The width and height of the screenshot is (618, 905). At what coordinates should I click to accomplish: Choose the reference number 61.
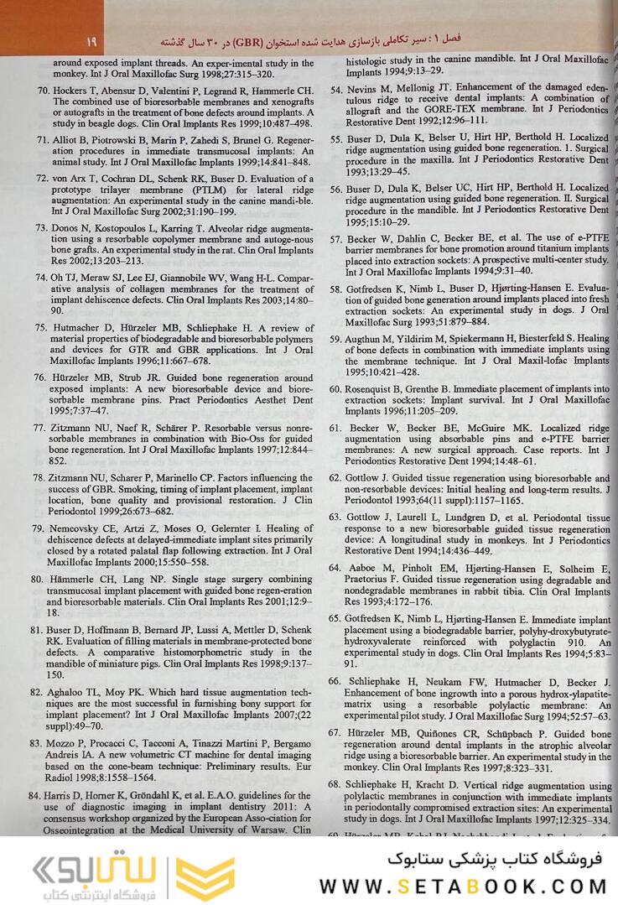coord(335,427)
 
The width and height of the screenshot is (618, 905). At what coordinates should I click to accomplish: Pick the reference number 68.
coord(335,783)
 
